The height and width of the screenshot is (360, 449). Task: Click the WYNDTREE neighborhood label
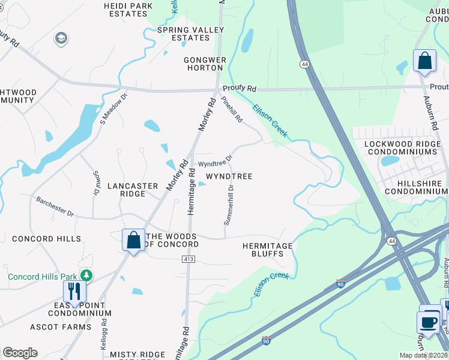229,176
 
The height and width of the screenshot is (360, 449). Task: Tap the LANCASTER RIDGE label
132,190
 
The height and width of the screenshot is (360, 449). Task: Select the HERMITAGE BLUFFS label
267,250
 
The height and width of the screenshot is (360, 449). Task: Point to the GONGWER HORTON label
205,64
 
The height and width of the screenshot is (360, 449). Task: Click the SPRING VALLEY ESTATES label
190,34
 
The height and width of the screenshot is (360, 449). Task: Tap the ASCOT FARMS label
61,327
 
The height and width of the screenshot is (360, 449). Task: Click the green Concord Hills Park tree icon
88,275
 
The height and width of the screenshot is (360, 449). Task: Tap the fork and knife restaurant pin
75,291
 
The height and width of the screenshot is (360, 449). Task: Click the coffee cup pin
429,322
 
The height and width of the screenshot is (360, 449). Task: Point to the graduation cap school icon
60,39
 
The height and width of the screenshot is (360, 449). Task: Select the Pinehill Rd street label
232,110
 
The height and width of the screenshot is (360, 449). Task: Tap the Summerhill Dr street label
229,205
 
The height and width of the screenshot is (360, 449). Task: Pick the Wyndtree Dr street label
215,162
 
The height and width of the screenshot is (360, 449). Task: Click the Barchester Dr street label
54,206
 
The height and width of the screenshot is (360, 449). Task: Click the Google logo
20,353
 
